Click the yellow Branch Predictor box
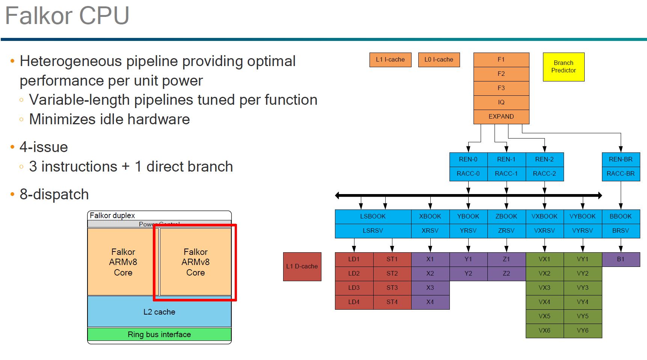pos(563,67)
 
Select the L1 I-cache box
pos(390,60)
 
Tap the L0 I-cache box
pos(439,60)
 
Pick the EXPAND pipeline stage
pos(501,116)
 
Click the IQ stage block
pos(501,102)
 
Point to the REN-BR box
pos(620,159)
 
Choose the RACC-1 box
pos(506,173)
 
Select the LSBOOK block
pos(373,216)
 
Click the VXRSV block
pos(544,230)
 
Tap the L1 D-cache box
pos(302,267)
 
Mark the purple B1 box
pos(620,259)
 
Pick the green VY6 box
pos(582,330)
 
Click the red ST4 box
pos(392,302)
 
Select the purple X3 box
pos(430,288)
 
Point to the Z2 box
pos(506,273)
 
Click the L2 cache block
pos(159,312)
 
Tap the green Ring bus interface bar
pos(159,334)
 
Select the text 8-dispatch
pos(54,194)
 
